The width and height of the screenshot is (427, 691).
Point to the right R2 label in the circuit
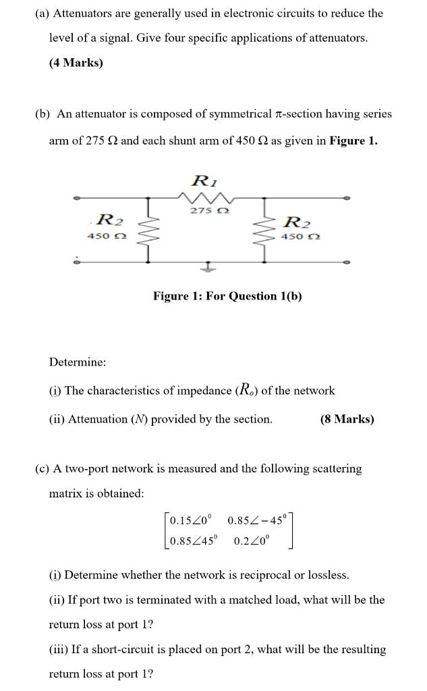[297, 221]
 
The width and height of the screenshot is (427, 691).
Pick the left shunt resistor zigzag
[149, 230]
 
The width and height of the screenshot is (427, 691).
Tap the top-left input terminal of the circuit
[77, 198]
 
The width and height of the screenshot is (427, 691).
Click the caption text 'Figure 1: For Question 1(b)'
[227, 296]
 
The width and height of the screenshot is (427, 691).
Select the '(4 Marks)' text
[76, 63]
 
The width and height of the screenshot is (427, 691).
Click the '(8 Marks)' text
[347, 419]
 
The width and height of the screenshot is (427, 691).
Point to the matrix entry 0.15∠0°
[190, 520]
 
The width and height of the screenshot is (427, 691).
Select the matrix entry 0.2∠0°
[251, 541]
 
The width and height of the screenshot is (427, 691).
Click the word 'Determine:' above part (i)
[78, 362]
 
